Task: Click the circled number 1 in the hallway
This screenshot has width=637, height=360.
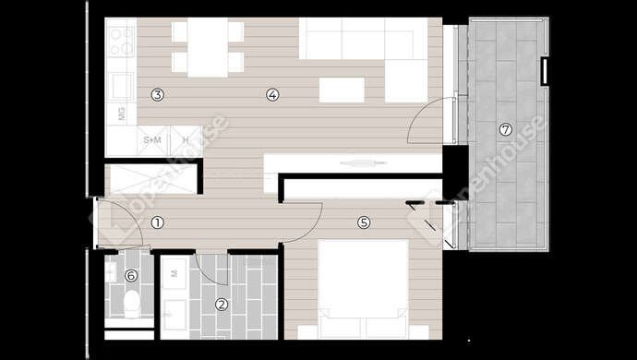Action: [x=158, y=222]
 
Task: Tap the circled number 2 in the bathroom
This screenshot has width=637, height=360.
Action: [x=222, y=305]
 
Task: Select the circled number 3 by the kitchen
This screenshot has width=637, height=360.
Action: [x=158, y=95]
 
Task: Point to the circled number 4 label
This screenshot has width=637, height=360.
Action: [x=272, y=95]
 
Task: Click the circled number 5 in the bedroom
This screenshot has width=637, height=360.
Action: [x=364, y=222]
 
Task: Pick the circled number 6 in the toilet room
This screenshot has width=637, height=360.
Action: [x=131, y=276]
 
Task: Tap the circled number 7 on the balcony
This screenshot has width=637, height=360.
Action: [x=505, y=130]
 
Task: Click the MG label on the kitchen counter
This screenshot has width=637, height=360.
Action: [x=122, y=114]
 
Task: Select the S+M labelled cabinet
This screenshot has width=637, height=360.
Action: [x=152, y=140]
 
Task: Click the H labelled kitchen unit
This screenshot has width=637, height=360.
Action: [x=186, y=140]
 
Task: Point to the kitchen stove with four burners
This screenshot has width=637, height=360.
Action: [x=122, y=42]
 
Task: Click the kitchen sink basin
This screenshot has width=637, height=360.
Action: [x=122, y=86]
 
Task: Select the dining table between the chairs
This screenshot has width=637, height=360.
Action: [x=208, y=48]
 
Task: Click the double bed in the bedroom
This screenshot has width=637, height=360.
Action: [x=363, y=289]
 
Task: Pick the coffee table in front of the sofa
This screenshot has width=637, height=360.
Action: [x=342, y=90]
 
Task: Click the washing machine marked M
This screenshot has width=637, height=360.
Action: [x=174, y=273]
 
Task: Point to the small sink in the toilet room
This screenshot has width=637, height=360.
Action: [x=111, y=271]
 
